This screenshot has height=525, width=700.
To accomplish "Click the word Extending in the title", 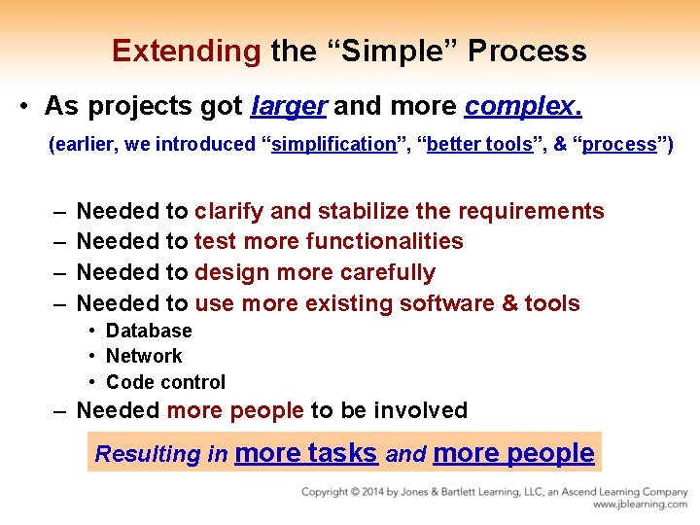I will pyautogui.click(x=186, y=51).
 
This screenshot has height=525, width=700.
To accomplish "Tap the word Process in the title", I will pyautogui.click(x=527, y=51).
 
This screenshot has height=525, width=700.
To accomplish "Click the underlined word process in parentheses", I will pyautogui.click(x=619, y=144).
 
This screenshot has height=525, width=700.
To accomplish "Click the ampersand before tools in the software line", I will pyautogui.click(x=510, y=303).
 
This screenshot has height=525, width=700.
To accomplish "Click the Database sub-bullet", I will pyautogui.click(x=149, y=331).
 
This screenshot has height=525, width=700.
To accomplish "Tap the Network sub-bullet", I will pyautogui.click(x=144, y=356).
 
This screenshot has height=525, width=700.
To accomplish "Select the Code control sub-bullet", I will pyautogui.click(x=165, y=382).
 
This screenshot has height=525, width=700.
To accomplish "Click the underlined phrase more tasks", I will pyautogui.click(x=305, y=453).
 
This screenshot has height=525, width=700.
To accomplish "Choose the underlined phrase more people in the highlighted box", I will pyautogui.click(x=512, y=453).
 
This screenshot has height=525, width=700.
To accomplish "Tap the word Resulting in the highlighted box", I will pyautogui.click(x=147, y=454).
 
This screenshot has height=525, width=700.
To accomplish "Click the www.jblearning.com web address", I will pyautogui.click(x=640, y=505).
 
